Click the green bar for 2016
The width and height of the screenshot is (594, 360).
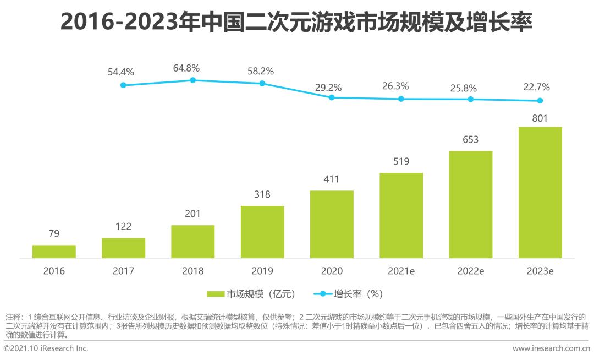[x=54, y=252]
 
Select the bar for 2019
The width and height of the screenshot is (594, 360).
[x=262, y=232]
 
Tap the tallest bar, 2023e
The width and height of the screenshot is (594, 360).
[x=540, y=192]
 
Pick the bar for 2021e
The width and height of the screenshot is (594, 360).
[x=401, y=215]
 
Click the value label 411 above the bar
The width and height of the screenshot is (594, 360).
[x=332, y=179]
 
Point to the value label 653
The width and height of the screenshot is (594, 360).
[x=470, y=139]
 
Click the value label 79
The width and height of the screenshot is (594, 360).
[x=54, y=233]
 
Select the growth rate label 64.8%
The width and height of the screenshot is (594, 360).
[x=186, y=68]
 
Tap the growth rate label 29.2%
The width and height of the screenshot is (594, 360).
[x=328, y=87]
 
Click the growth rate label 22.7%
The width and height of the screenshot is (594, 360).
[x=536, y=87]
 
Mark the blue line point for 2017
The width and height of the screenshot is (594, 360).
[x=123, y=85]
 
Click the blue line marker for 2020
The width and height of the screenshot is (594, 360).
[x=332, y=97]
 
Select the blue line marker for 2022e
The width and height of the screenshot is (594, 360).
[x=470, y=99]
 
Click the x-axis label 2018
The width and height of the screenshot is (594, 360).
[x=193, y=271]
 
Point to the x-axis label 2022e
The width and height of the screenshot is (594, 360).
[x=470, y=271]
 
